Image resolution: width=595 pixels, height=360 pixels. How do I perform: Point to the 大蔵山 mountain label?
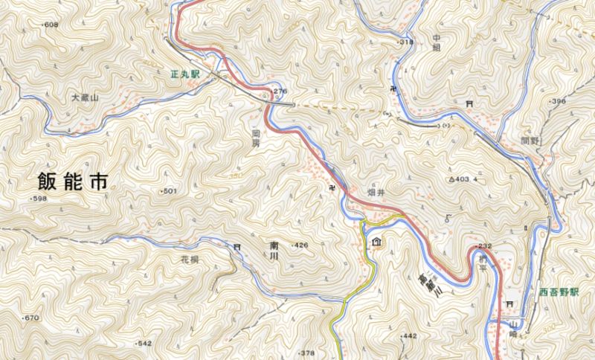coord(85,97)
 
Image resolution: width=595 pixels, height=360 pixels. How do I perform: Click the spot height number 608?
coord(51,25)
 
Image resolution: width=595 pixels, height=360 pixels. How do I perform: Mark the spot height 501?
coord(169,191)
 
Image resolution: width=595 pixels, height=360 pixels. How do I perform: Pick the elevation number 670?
coord(30,318)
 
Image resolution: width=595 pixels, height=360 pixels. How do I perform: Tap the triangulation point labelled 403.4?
coord(463,179)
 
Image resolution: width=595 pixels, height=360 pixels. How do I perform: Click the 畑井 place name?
coord(376,192)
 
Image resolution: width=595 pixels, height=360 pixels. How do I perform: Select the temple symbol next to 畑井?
coord(334,186)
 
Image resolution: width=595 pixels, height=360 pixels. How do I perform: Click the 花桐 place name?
coord(190,260)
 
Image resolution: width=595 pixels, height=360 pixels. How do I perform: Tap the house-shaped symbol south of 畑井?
coord(376,242)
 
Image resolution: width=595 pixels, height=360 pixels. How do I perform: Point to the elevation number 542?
coord(144,343)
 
